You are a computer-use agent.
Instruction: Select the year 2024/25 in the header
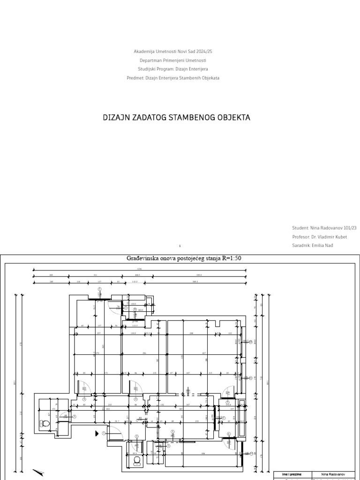click(x=209, y=51)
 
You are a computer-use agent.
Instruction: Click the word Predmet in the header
click(x=135, y=78)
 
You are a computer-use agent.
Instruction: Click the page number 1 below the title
click(x=180, y=246)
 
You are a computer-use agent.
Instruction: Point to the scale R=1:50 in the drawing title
click(x=229, y=258)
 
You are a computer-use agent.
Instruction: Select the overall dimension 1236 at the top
click(x=139, y=269)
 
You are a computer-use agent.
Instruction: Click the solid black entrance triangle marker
click(x=97, y=433)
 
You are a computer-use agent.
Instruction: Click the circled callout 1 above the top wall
click(x=99, y=289)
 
